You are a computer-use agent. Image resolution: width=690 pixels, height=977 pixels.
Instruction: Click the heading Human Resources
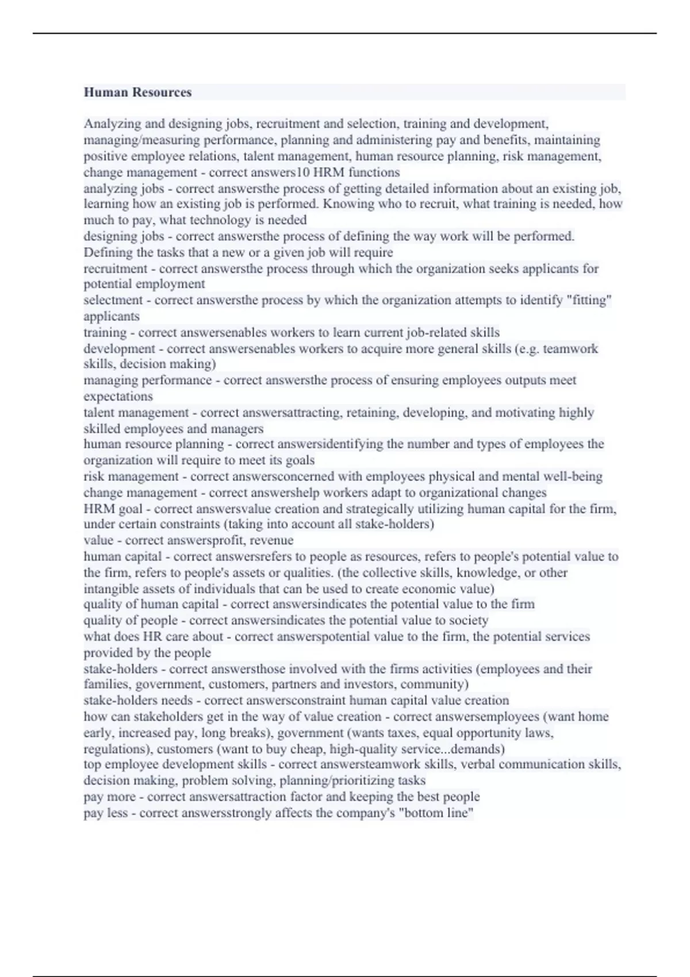click(137, 93)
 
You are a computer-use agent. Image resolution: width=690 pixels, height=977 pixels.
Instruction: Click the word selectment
click(113, 300)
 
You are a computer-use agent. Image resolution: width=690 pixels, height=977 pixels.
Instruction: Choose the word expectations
click(118, 396)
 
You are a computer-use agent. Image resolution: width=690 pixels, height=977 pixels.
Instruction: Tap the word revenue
click(271, 540)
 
